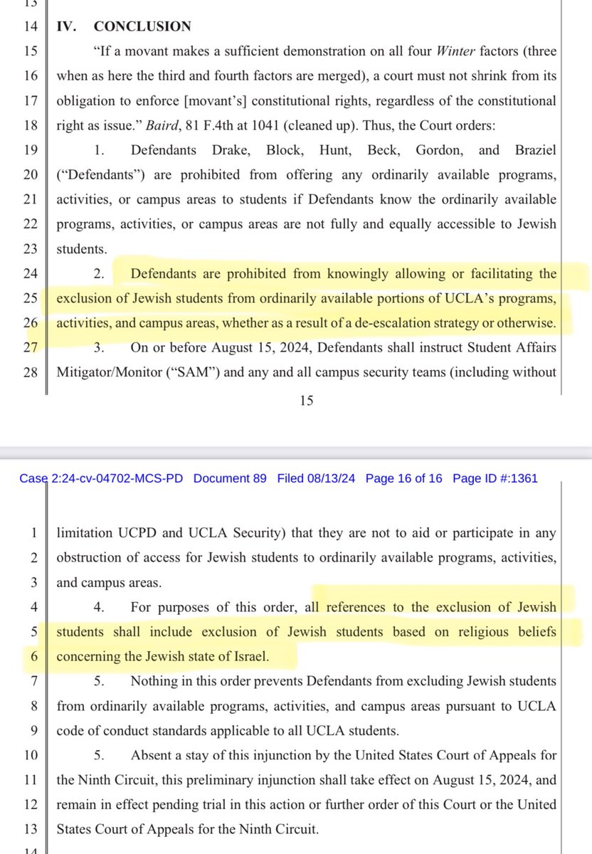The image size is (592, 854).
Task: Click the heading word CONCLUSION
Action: click(x=142, y=27)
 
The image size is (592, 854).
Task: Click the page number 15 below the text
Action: click(x=306, y=401)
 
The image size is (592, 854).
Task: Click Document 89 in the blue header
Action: click(x=230, y=478)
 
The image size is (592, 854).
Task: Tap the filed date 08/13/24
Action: click(x=332, y=478)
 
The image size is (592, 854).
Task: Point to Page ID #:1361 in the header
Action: click(x=495, y=478)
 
